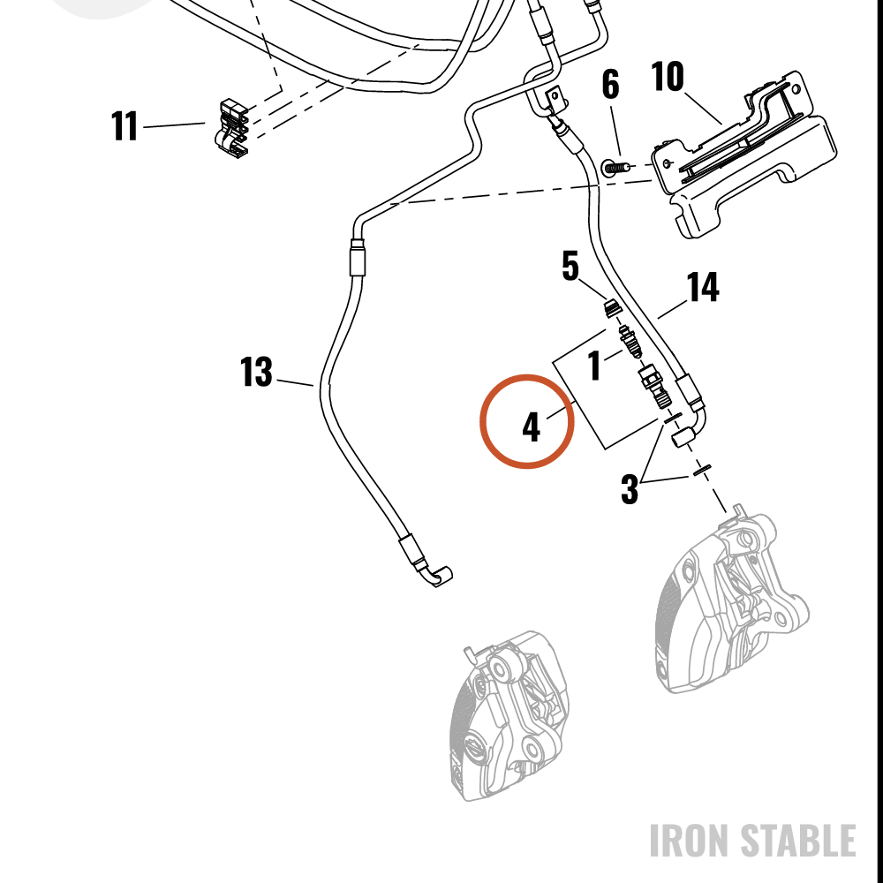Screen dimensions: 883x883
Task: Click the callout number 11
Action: point(125,125)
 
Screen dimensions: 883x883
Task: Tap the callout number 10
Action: point(668,76)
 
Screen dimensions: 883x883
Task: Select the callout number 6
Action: point(610,85)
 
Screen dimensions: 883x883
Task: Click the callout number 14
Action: point(703,287)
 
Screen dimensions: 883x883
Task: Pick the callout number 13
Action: point(256,372)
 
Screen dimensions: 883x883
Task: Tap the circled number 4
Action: point(531,426)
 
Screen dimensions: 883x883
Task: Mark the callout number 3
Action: point(630,488)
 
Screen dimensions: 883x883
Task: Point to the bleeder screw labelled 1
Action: point(630,341)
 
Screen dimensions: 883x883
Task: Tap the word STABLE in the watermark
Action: point(797,841)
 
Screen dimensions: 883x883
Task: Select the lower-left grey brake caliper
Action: point(509,715)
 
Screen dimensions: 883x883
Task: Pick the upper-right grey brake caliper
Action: point(732,600)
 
